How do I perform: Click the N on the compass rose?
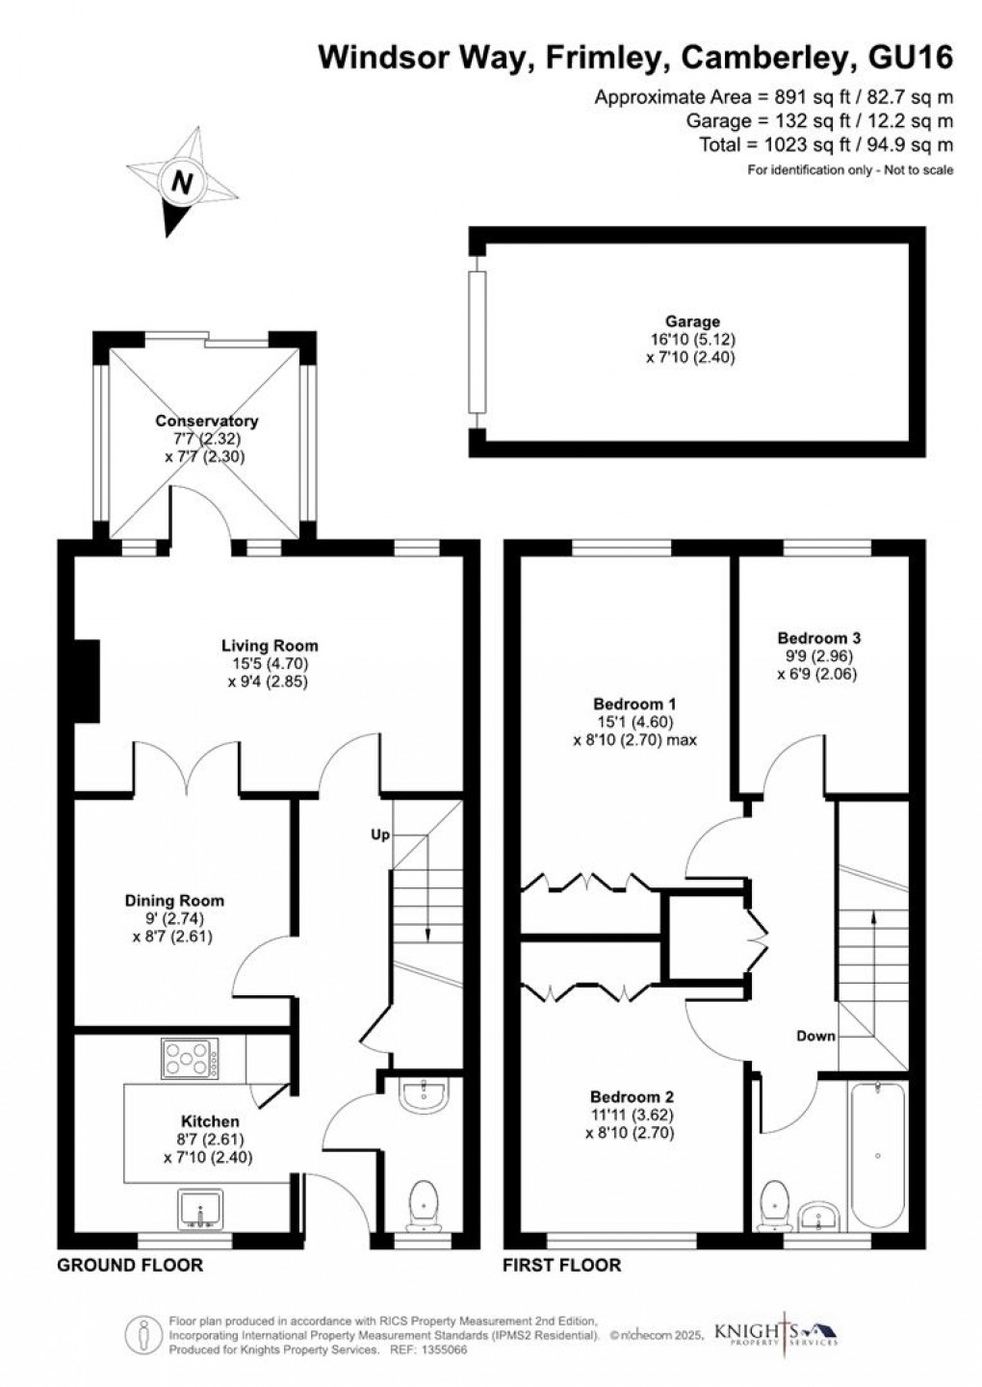click(181, 183)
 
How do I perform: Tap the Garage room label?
click(692, 321)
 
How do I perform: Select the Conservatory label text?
click(207, 421)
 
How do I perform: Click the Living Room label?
click(270, 646)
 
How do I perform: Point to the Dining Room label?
click(174, 901)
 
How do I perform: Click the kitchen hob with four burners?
click(190, 1058)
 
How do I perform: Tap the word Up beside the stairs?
click(380, 835)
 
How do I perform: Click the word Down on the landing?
click(815, 1036)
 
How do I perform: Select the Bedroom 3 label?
click(819, 638)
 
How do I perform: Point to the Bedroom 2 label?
click(632, 1097)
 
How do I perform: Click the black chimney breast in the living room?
click(88, 681)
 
